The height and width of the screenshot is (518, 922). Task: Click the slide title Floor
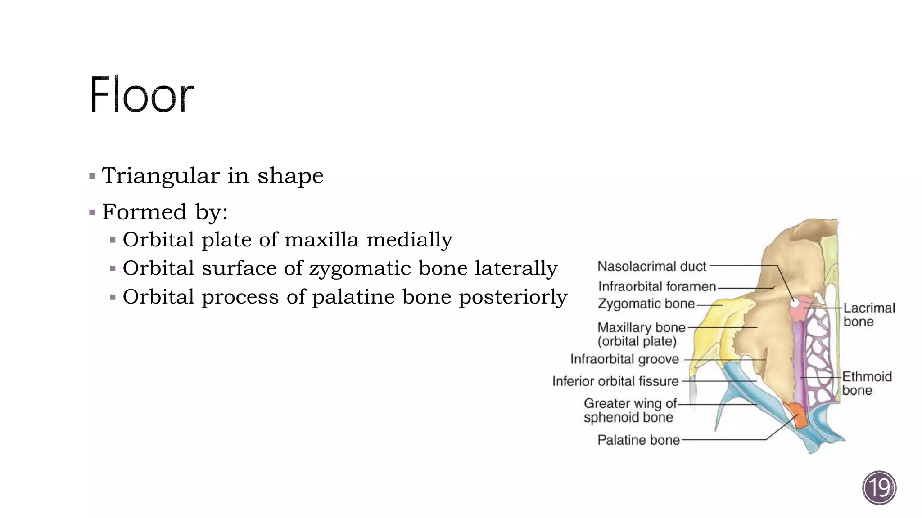(x=141, y=95)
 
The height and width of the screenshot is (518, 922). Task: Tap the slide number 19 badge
(x=879, y=487)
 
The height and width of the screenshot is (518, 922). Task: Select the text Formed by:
(x=165, y=211)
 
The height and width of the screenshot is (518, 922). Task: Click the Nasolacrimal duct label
(x=651, y=266)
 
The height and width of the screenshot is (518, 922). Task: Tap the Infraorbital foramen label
(x=657, y=286)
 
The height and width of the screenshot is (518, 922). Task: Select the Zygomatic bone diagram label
(x=646, y=304)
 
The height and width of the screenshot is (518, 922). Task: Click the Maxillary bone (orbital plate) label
(x=641, y=334)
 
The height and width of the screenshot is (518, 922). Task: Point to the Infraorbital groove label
(x=624, y=359)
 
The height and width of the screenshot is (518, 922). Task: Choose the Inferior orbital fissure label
(x=615, y=381)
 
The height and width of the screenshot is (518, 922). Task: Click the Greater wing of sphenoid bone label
(x=629, y=410)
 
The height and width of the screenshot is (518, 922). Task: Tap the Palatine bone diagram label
(x=638, y=440)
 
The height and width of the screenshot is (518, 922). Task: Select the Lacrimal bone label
(x=869, y=315)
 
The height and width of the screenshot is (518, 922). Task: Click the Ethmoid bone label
(x=867, y=383)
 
